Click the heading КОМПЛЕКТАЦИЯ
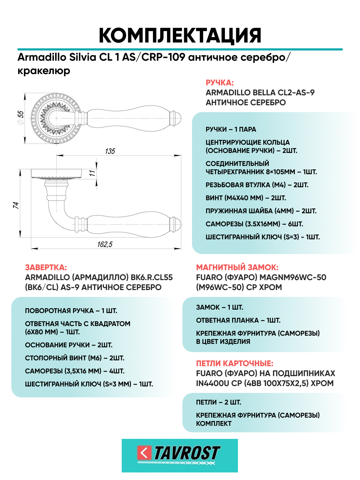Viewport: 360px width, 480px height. pyautogui.click(x=180, y=35)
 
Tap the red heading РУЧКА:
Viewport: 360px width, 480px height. pyautogui.click(x=219, y=83)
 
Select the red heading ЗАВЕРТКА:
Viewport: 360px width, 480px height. pyautogui.click(x=46, y=267)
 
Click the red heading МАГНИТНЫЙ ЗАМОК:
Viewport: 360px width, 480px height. pyautogui.click(x=237, y=267)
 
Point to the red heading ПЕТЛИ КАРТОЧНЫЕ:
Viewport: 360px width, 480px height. pyautogui.click(x=235, y=363)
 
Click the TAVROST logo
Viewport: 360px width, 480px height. pyautogui.click(x=180, y=455)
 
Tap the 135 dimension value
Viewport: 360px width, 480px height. pyautogui.click(x=110, y=151)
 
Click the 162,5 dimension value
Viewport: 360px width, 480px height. pyautogui.click(x=105, y=244)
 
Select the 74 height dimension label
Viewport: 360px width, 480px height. pyautogui.click(x=16, y=205)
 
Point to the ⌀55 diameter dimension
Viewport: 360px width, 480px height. pyautogui.click(x=21, y=117)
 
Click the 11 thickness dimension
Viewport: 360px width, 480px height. pyautogui.click(x=92, y=173)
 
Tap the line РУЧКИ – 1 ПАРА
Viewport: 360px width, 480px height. pyautogui.click(x=231, y=130)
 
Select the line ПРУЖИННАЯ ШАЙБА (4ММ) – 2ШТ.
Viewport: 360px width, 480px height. pyautogui.click(x=261, y=211)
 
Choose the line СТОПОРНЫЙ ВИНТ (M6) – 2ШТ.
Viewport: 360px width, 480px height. pyautogui.click(x=74, y=358)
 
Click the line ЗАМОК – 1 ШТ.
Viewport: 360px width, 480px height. pyautogui.click(x=219, y=308)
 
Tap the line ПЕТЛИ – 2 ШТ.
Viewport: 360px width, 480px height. pyautogui.click(x=218, y=403)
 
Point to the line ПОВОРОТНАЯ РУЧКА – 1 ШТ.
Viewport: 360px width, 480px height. pyautogui.click(x=71, y=311)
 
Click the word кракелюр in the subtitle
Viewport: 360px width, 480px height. pyautogui.click(x=44, y=71)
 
